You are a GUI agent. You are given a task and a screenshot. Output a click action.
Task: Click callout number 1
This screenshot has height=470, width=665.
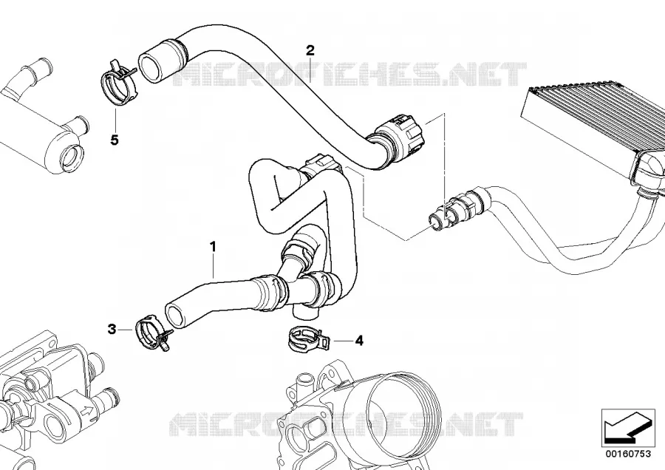[213, 246]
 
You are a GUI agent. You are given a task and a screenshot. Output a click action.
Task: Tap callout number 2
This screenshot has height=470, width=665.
[310, 50]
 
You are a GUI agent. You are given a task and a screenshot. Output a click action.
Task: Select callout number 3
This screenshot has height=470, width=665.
[112, 329]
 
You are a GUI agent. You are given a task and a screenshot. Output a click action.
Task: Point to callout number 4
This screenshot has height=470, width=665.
[359, 340]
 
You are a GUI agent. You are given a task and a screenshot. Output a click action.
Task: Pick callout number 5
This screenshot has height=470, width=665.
[115, 140]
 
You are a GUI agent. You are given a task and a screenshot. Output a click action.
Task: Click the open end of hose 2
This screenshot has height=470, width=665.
[154, 64]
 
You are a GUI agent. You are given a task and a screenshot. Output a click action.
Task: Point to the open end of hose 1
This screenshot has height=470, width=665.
[174, 315]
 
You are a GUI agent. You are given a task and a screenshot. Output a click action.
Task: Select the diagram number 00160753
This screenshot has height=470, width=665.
[628, 454]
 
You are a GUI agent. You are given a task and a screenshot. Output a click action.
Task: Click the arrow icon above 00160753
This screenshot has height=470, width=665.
[627, 428]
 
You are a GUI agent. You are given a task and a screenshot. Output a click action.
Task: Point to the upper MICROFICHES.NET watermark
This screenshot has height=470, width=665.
[350, 75]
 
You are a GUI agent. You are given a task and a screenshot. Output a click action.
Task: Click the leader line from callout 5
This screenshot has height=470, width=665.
[115, 121]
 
